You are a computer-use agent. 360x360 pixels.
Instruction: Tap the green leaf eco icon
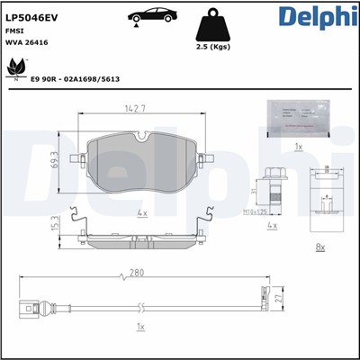tap(15, 67)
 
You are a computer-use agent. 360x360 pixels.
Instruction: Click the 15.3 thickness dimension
tap(55, 222)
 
